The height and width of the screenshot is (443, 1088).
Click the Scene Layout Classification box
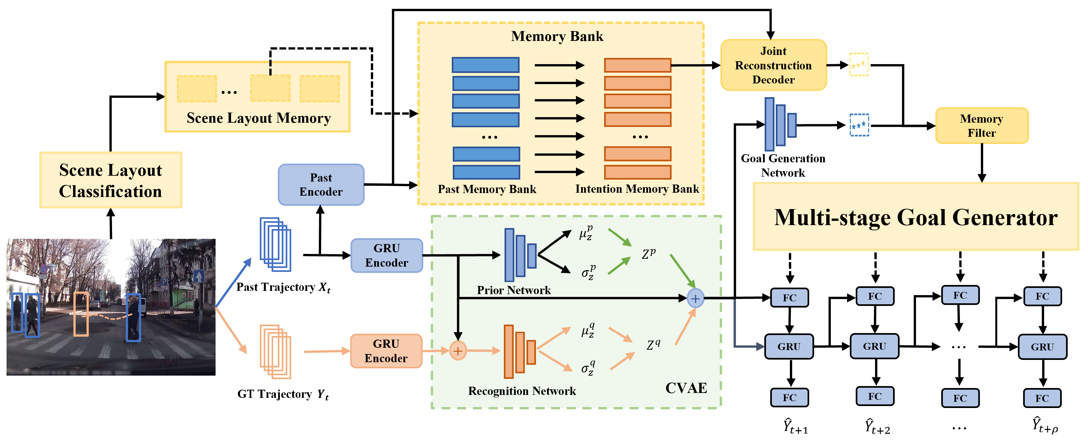(x=111, y=180)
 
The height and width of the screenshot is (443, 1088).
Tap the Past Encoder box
(x=321, y=185)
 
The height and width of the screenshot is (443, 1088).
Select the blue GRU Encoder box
(x=387, y=255)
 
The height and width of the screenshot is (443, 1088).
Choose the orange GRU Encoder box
(x=386, y=351)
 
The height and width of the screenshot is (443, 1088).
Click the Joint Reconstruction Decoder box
(x=773, y=65)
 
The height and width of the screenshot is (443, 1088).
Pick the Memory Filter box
(x=982, y=126)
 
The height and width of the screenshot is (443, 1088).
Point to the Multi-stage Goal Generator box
(x=916, y=217)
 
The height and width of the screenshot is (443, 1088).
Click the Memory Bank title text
(x=557, y=36)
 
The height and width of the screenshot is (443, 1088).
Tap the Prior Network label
(x=514, y=290)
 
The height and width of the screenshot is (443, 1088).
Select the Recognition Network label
(x=522, y=391)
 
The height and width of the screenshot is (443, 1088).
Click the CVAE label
(x=686, y=388)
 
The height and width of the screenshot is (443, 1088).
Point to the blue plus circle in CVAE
(x=695, y=298)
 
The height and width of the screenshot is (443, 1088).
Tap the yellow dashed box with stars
(x=859, y=64)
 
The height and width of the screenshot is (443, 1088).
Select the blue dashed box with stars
(x=859, y=125)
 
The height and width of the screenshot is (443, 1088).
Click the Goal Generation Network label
(x=783, y=165)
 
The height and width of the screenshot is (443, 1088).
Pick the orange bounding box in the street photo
(x=81, y=314)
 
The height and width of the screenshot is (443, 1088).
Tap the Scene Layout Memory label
(x=258, y=118)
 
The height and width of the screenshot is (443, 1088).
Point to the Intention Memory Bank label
(x=637, y=189)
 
